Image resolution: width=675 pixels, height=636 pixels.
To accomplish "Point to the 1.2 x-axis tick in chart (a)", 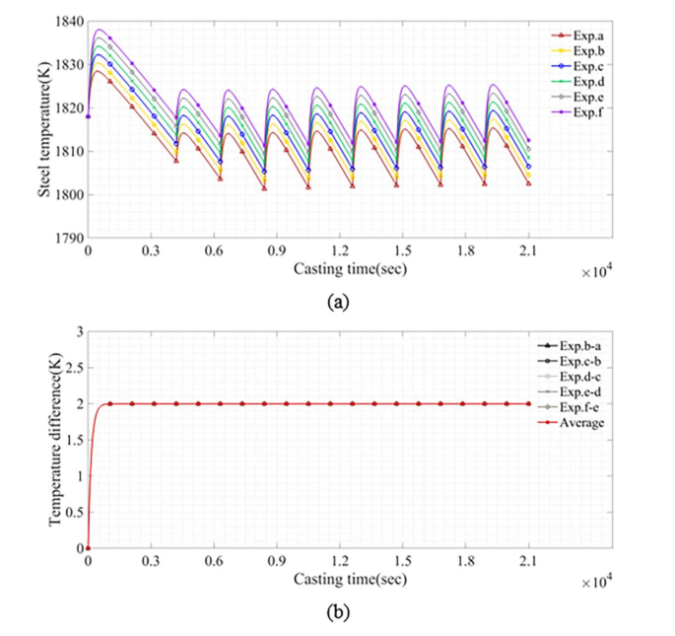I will [x=340, y=251].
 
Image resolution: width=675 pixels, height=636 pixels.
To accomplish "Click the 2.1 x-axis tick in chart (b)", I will [x=528, y=561].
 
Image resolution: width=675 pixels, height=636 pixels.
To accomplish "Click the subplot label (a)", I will [x=338, y=303].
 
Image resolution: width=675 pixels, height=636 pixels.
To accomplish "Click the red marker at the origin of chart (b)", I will [x=88, y=548].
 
